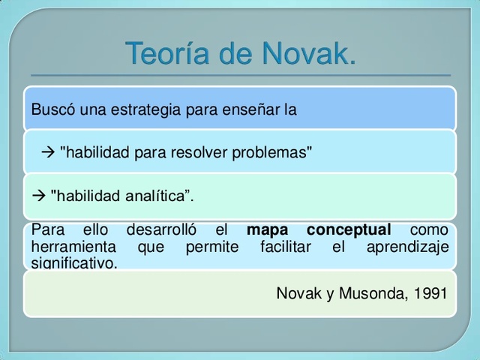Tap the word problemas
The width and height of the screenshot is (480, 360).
(x=271, y=153)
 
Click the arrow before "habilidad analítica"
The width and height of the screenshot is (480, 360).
(x=38, y=196)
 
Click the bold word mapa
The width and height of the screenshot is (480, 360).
(x=267, y=230)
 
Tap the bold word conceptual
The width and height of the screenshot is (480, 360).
(x=349, y=230)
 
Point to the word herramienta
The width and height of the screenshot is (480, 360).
(x=73, y=247)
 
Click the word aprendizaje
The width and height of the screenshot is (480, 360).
(x=407, y=247)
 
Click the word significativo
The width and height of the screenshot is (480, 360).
(x=74, y=263)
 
